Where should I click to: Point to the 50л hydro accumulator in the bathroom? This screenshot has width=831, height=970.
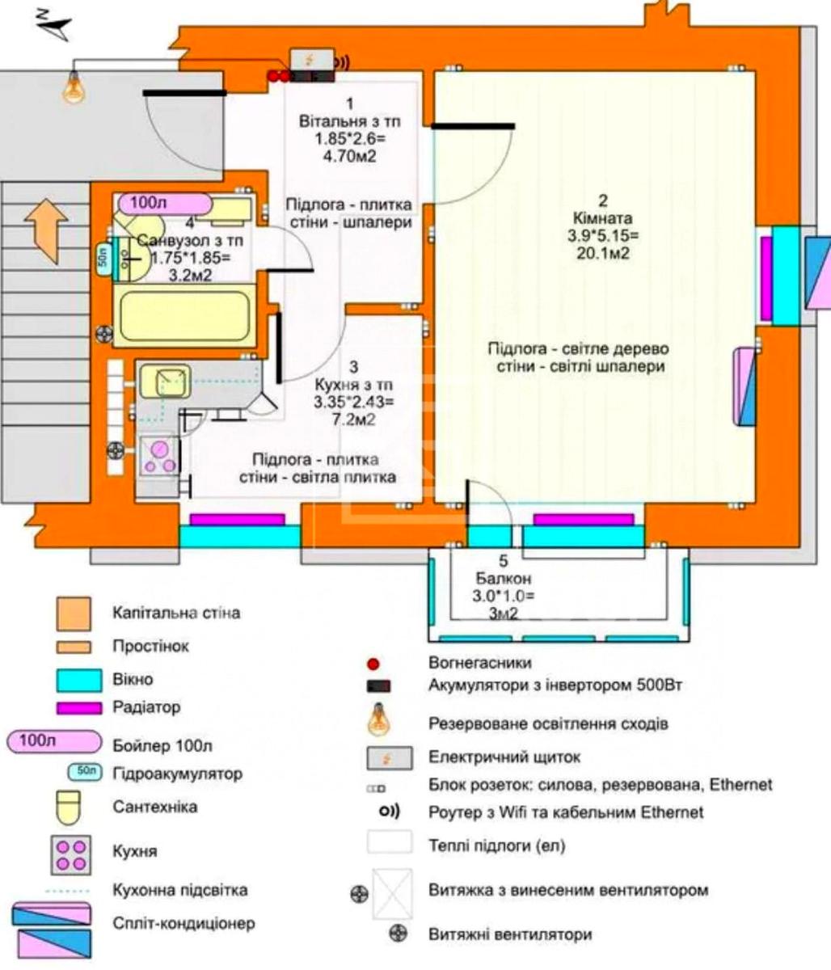pyautogui.click(x=103, y=258)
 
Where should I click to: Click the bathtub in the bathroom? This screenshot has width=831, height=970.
pyautogui.click(x=184, y=315)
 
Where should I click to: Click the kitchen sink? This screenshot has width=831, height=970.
pyautogui.click(x=165, y=382)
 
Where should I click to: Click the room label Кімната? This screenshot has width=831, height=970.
pyautogui.click(x=602, y=218)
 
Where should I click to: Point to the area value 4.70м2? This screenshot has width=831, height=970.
pyautogui.click(x=349, y=156)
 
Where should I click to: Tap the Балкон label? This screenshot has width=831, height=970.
pyautogui.click(x=504, y=578)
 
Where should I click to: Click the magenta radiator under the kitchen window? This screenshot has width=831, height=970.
pyautogui.click(x=237, y=520)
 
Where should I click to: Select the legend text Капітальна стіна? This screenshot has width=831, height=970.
pyautogui.click(x=176, y=613)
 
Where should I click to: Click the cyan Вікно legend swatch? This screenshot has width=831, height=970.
pyautogui.click(x=79, y=681)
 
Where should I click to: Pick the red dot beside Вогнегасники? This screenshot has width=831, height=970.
pyautogui.click(x=373, y=664)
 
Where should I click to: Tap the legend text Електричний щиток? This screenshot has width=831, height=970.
pyautogui.click(x=504, y=757)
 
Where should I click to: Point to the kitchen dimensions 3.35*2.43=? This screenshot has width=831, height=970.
pyautogui.click(x=354, y=403)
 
